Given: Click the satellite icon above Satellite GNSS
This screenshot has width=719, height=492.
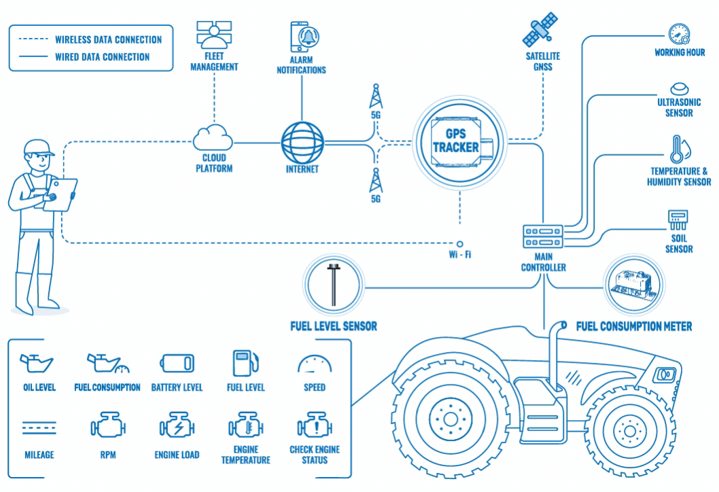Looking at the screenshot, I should pyautogui.click(x=540, y=29).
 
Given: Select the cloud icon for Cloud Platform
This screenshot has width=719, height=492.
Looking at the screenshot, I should pyautogui.click(x=213, y=140).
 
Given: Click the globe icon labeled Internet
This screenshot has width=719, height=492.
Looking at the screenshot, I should pyautogui.click(x=302, y=141).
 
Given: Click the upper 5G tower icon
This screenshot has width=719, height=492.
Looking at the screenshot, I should pyautogui.click(x=375, y=96).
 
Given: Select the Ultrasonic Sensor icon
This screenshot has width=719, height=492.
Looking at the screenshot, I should pyautogui.click(x=679, y=89).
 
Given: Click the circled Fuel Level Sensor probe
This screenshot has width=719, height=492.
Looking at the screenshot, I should pyautogui.click(x=334, y=285).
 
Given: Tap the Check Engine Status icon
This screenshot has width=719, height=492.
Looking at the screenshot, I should pyautogui.click(x=315, y=427).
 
